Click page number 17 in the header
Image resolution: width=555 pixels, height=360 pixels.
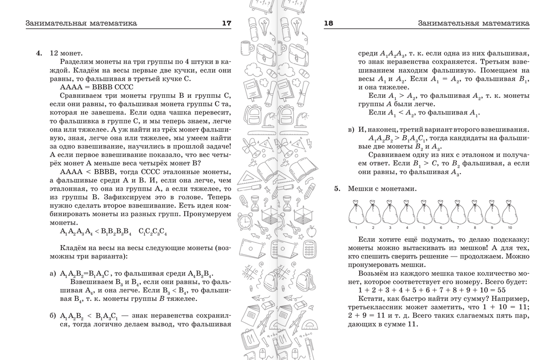pos(226,23)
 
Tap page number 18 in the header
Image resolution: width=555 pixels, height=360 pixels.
pos(329,23)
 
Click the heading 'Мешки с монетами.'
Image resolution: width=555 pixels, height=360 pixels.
pos(382,189)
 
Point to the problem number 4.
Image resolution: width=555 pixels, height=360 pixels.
pos(39,53)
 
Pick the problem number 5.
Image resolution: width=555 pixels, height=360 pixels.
pos(337,189)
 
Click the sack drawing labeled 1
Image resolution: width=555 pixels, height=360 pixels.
pos(356,213)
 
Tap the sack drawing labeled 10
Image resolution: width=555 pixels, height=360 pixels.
pos(510,213)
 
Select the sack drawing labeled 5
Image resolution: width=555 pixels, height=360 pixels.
pos(424,213)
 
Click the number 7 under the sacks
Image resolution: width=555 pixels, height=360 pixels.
pos(458,228)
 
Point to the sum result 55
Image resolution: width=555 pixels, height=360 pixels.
pos(501,290)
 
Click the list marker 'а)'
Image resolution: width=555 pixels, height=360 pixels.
pos(53,274)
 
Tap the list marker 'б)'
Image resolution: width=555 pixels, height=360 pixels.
pos(53,316)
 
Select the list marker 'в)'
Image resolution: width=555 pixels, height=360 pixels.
pos(351,130)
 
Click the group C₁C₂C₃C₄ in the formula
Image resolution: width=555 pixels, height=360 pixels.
pos(153,232)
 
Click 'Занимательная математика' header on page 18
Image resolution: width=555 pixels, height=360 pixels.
pos(473,23)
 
